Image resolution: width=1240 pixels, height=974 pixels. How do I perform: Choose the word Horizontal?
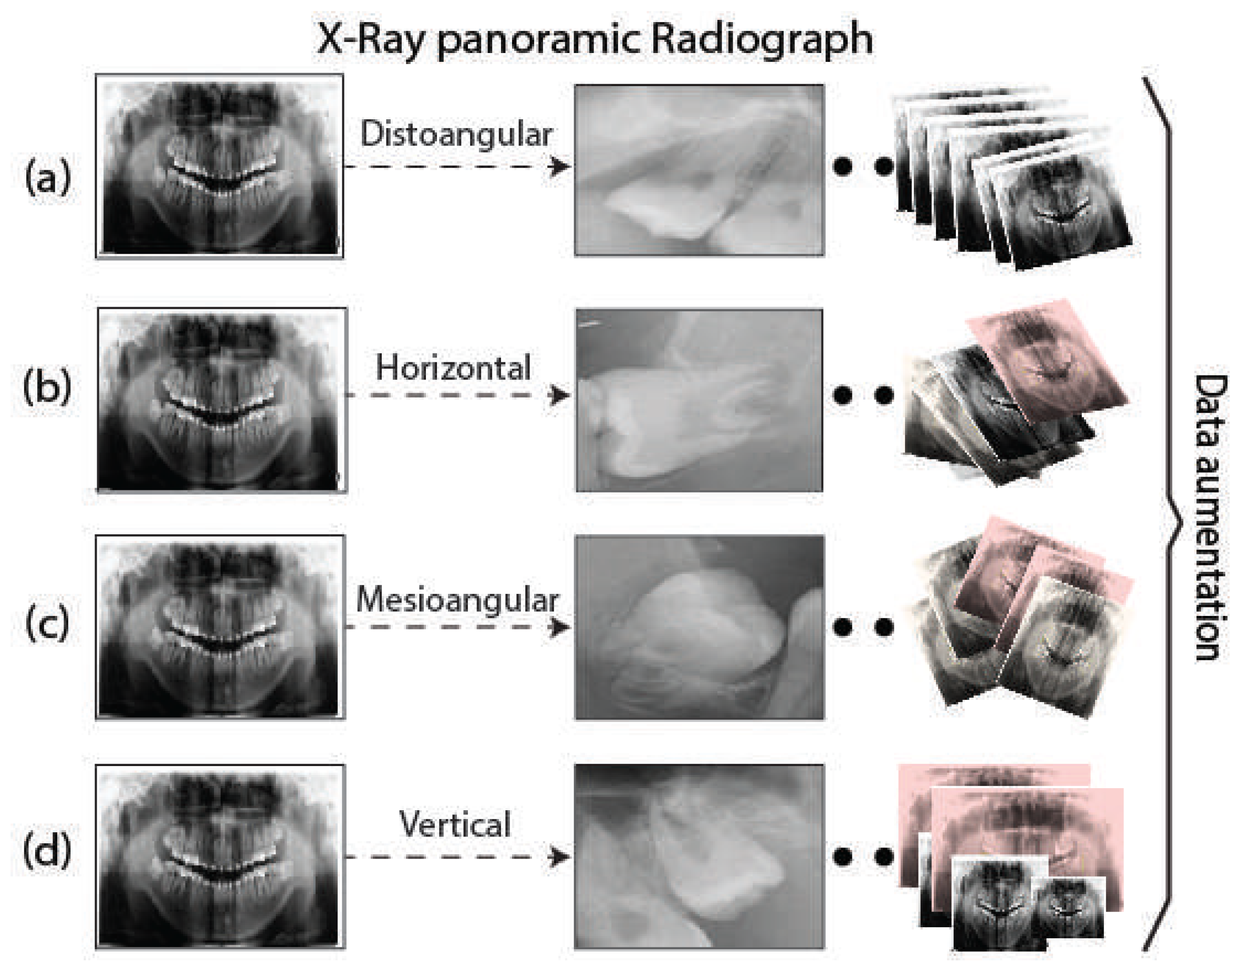coord(453,368)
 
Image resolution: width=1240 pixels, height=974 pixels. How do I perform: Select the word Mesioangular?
coord(457,600)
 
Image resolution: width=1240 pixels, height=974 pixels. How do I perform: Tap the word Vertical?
coord(455,824)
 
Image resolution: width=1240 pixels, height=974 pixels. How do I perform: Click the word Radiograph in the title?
coord(762,40)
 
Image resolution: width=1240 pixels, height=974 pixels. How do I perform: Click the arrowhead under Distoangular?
coord(559,166)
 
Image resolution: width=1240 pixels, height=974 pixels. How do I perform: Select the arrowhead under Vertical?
coord(559,856)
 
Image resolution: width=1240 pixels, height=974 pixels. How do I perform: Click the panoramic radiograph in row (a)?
coord(220,166)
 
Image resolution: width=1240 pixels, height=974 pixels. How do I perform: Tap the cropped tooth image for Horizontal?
coord(699,400)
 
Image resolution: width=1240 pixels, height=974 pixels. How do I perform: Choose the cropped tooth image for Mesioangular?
coord(699,627)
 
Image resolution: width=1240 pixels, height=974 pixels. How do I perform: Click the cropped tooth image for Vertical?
coord(699,856)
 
